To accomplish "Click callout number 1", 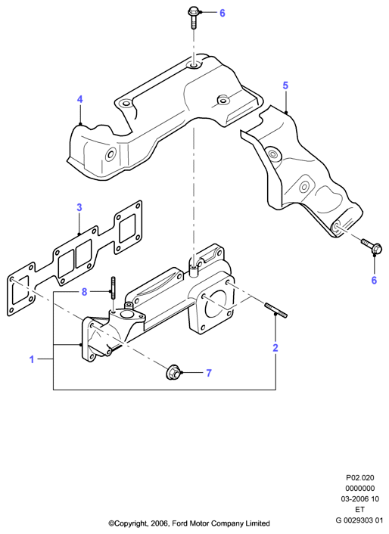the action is [32, 359].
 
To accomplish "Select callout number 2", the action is [275, 348].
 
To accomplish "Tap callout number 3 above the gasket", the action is [79, 207].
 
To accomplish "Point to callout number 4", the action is [79, 99].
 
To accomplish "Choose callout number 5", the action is [285, 85].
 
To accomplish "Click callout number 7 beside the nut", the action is [208, 373].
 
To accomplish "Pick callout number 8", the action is [84, 292].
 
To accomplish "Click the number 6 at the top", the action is [222, 14].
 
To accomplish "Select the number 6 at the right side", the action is [374, 281].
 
